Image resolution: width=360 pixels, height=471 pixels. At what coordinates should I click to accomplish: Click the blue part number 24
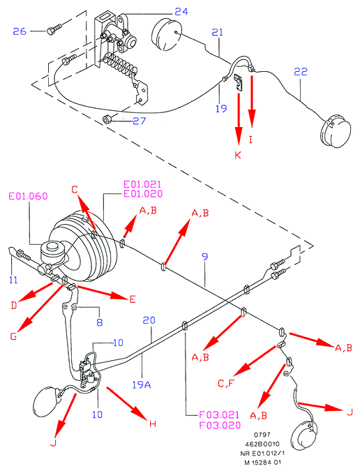coord(181,12)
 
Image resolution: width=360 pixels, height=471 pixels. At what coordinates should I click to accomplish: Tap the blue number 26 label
coord(20,31)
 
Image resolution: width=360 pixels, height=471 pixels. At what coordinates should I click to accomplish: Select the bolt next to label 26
coord(54,29)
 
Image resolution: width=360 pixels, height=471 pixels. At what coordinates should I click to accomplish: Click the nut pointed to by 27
coord(107,119)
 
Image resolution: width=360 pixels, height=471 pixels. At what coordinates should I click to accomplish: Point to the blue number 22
coord(301,72)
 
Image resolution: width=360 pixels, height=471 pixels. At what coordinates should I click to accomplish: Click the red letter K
coord(238,155)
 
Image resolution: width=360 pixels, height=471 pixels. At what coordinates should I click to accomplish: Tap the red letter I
coord(250,140)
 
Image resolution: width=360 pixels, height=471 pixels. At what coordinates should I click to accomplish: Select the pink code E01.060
coord(28,196)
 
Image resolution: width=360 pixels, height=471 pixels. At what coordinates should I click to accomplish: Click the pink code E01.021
coord(142,184)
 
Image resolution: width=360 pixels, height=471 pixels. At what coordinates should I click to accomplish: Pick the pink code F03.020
coord(220,425)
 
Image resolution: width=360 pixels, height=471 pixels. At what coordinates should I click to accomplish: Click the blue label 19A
coord(142,384)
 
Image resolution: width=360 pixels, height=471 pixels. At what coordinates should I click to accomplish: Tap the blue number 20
coord(149,320)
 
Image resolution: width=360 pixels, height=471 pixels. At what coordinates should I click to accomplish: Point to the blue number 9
coord(205,257)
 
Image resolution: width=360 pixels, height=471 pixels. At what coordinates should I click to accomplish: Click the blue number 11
coord(13,280)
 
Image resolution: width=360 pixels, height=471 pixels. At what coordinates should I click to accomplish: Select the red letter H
coord(153,424)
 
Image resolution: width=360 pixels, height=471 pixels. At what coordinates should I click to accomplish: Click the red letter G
coord(13,336)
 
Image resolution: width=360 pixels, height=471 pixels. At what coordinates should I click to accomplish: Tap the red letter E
coord(133,299)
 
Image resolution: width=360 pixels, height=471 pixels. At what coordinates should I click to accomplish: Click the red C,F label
coord(226,384)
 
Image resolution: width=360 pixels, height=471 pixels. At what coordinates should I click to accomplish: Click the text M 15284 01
coord(263,463)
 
